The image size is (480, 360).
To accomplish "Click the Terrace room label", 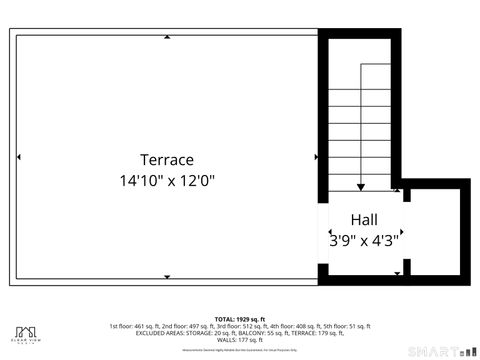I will click(x=166, y=160).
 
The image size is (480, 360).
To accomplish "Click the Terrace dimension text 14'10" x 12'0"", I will click(x=166, y=181).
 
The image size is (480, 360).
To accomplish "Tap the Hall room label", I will click(x=364, y=220).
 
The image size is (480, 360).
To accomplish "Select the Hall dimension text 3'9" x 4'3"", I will click(x=364, y=240).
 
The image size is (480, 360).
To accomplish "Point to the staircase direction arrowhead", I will click(x=360, y=186).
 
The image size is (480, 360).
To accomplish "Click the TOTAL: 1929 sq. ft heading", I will click(x=239, y=318).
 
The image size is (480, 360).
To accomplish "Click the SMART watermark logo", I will click(x=439, y=351).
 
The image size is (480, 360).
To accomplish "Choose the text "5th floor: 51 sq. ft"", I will click(x=347, y=326).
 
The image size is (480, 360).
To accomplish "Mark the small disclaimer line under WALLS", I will click(x=239, y=349).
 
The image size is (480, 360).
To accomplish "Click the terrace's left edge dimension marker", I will click(x=17, y=157).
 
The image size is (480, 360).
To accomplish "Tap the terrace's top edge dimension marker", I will click(x=166, y=38).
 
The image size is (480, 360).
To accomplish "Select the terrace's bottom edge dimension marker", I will click(x=166, y=277).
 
